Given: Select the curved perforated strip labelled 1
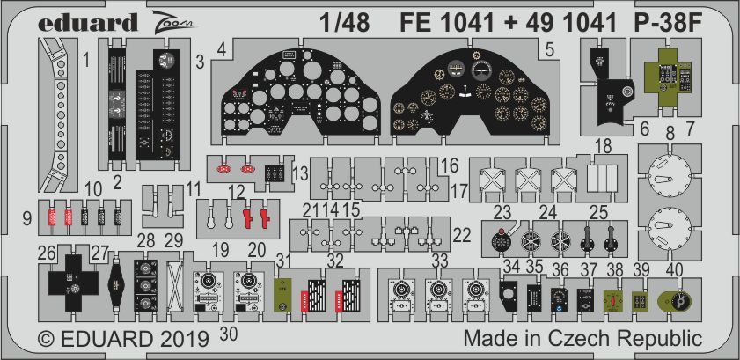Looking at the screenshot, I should pyautogui.click(x=58, y=114).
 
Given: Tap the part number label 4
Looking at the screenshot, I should pyautogui.click(x=224, y=51).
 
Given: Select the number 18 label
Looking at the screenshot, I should pyautogui.click(x=602, y=144).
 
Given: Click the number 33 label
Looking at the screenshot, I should pyautogui.click(x=439, y=260).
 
